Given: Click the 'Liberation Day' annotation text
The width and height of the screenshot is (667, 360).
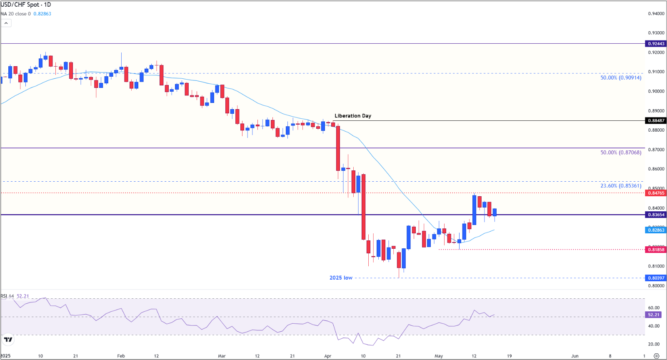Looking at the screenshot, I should pos(352,116).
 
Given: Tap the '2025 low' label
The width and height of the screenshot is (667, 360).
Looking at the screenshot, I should pos(341,278).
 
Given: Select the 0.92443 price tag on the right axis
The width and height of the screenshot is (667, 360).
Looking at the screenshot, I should pos(656,44).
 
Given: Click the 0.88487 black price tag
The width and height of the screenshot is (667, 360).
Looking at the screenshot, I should pos(656,121).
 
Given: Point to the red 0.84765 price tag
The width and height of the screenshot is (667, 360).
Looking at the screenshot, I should pos(656,193).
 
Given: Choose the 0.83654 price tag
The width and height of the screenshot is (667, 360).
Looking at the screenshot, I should pos(656,215).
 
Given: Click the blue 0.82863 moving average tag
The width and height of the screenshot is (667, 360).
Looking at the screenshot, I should pos(656,230).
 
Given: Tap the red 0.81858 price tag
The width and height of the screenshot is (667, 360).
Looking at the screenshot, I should pos(656,250).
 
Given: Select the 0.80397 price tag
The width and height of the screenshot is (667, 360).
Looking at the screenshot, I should pos(656,278).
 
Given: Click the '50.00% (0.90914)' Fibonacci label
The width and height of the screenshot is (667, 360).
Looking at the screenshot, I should pos(621,78).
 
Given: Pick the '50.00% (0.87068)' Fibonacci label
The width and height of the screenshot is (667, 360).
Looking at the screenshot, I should pos(621,152).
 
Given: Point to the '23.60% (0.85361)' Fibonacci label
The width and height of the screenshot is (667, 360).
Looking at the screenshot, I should pos(621,186).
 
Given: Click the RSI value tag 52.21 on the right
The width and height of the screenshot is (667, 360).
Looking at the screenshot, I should pos(654,315).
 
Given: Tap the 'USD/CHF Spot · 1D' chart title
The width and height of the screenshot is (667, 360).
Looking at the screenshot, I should pos(26,5).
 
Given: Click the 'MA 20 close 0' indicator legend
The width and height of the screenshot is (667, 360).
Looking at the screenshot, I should pos(16,14).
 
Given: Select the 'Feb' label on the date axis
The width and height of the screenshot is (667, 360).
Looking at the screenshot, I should pos(121,356).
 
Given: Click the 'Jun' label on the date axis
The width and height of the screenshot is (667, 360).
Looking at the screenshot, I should pos(575,356).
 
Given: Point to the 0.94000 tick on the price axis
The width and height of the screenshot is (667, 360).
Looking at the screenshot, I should pos(656,14).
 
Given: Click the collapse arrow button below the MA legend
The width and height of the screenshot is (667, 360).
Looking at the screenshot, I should pos(6,23).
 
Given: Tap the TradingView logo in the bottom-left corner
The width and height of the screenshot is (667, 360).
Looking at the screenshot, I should pos(8,340).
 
